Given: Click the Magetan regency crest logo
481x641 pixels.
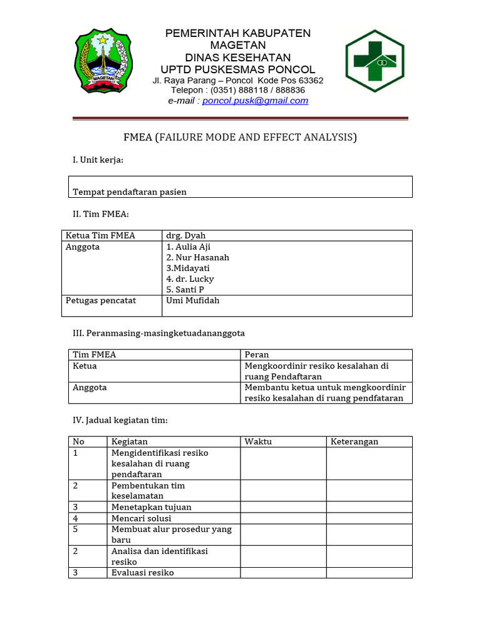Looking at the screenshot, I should pyautogui.click(x=103, y=61).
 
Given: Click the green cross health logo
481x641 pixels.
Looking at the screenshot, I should pyautogui.click(x=375, y=61).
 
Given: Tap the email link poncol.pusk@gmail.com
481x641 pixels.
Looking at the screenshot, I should pyautogui.click(x=255, y=100).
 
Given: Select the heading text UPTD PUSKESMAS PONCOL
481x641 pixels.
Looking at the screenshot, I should pyautogui.click(x=238, y=69).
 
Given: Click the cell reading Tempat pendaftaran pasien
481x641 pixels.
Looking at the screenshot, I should pyautogui.click(x=130, y=192).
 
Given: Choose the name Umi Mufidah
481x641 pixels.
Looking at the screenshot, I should pyautogui.click(x=193, y=300).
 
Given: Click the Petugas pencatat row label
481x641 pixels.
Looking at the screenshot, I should pyautogui.click(x=101, y=300).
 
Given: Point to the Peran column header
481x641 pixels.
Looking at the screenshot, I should pyautogui.click(x=257, y=354).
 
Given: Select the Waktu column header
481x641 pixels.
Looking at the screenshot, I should pyautogui.click(x=258, y=441).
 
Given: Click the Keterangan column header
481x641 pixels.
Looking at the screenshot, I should pyautogui.click(x=354, y=441).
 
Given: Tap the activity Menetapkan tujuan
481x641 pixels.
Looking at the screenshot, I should pyautogui.click(x=151, y=507).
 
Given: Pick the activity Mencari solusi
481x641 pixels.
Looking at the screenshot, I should pyautogui.click(x=141, y=518).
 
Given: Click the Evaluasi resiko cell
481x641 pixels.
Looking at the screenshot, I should pyautogui.click(x=142, y=573).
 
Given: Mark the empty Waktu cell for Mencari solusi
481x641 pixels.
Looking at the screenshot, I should pyautogui.click(x=283, y=518).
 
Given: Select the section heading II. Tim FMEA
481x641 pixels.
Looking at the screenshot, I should pyautogui.click(x=101, y=214).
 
